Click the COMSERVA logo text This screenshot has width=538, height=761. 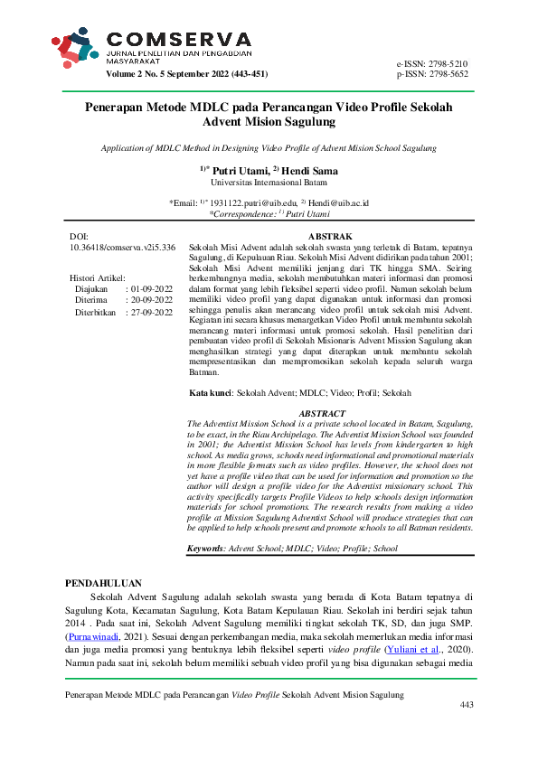click(x=179, y=39)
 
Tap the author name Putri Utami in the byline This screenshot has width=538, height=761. click(x=240, y=169)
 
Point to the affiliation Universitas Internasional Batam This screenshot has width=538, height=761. click(x=269, y=182)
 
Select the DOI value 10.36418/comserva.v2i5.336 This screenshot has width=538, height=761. click(x=122, y=247)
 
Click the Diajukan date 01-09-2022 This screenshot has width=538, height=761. click(x=151, y=288)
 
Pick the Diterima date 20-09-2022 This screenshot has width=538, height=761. click(x=151, y=300)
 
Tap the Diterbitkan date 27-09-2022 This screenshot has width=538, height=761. click(x=151, y=312)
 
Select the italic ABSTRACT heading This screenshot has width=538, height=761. click(x=322, y=413)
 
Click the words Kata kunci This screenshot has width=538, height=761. click(x=210, y=394)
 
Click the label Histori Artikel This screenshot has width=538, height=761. click(x=98, y=277)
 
